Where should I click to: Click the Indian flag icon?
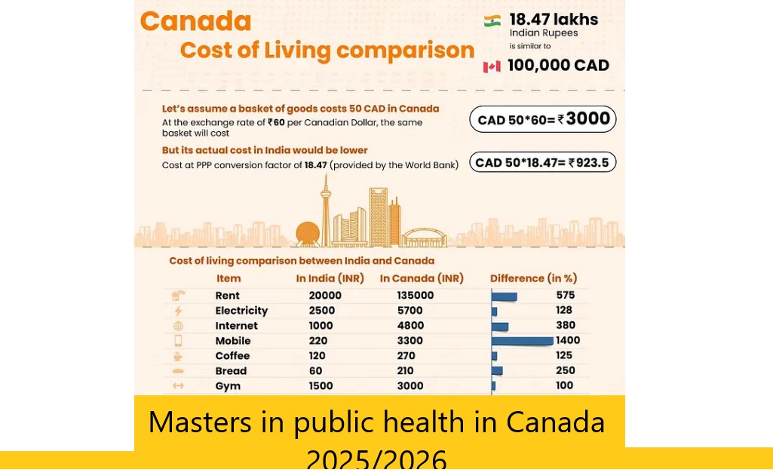(492, 21)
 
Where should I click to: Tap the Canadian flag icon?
(492, 66)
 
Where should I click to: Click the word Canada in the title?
(195, 21)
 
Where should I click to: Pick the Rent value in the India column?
(325, 296)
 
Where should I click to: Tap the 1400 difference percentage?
(568, 340)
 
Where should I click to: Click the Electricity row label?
(241, 311)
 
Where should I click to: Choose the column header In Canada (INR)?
(421, 278)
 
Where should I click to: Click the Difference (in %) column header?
(533, 278)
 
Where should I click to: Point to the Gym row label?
(228, 386)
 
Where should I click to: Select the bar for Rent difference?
(504, 296)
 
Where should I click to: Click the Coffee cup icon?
(178, 356)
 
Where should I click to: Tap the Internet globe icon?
(178, 326)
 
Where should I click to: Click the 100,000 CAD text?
(558, 66)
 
